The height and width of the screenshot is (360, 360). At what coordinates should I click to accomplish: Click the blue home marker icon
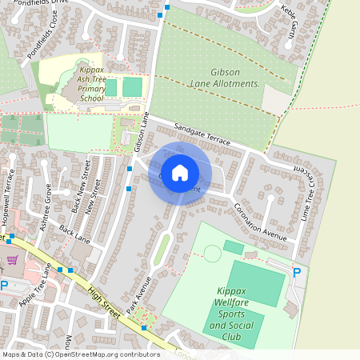coord(180,172)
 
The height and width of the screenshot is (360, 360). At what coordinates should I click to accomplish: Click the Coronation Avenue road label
coord(260,219)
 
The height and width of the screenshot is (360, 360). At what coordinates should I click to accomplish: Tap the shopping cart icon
coord(11,260)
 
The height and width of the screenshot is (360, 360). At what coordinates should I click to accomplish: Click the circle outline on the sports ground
coord(212,254)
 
